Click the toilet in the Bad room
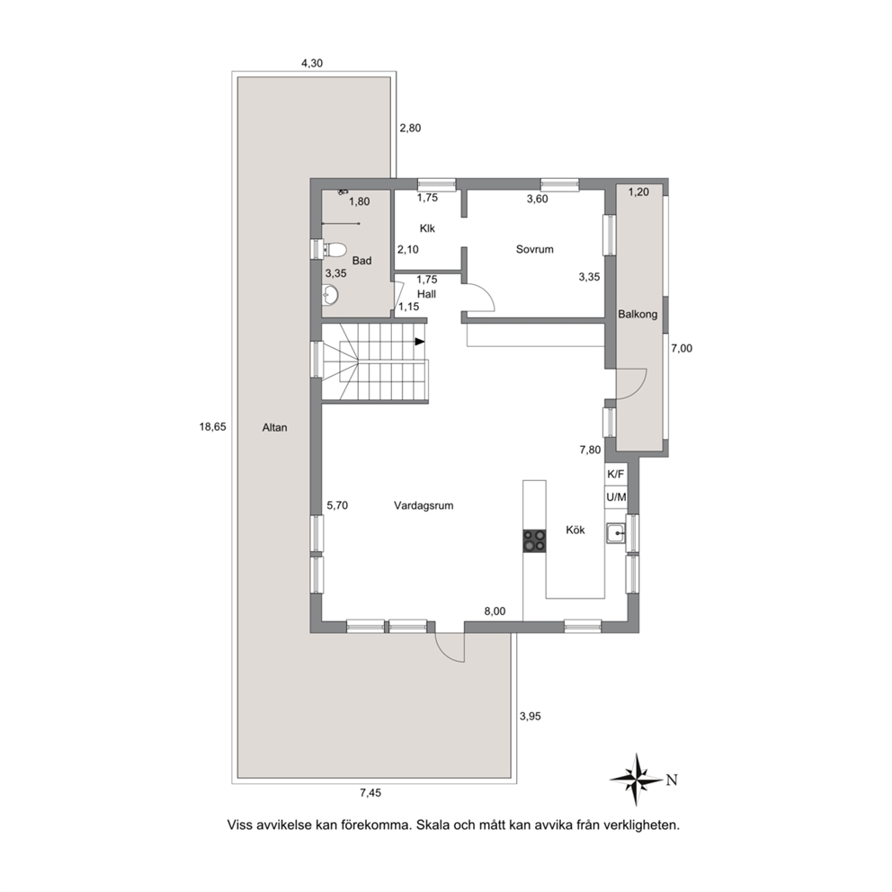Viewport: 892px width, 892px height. tap(335, 250)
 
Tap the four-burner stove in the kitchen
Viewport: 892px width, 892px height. tap(534, 540)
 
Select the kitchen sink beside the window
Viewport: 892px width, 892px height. tap(615, 533)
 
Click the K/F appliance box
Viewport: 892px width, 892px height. tap(616, 474)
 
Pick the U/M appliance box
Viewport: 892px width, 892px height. tap(616, 497)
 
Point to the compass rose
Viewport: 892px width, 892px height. tap(637, 779)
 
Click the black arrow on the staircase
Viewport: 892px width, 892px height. tap(420, 342)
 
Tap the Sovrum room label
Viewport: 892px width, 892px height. tap(535, 249)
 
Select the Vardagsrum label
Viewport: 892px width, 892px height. tap(424, 505)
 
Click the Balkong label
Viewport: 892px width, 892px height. tap(638, 314)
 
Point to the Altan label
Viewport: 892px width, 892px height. tap(275, 427)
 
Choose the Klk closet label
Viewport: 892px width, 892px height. tap(427, 228)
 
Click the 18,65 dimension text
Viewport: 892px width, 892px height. tap(212, 426)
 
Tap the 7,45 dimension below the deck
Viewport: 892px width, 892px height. tap(370, 792)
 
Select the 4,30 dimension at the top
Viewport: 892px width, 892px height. tap(312, 63)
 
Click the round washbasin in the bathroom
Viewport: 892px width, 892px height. tap(330, 294)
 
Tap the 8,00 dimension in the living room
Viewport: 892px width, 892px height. tap(495, 611)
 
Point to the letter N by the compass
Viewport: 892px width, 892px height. tap(672, 780)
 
